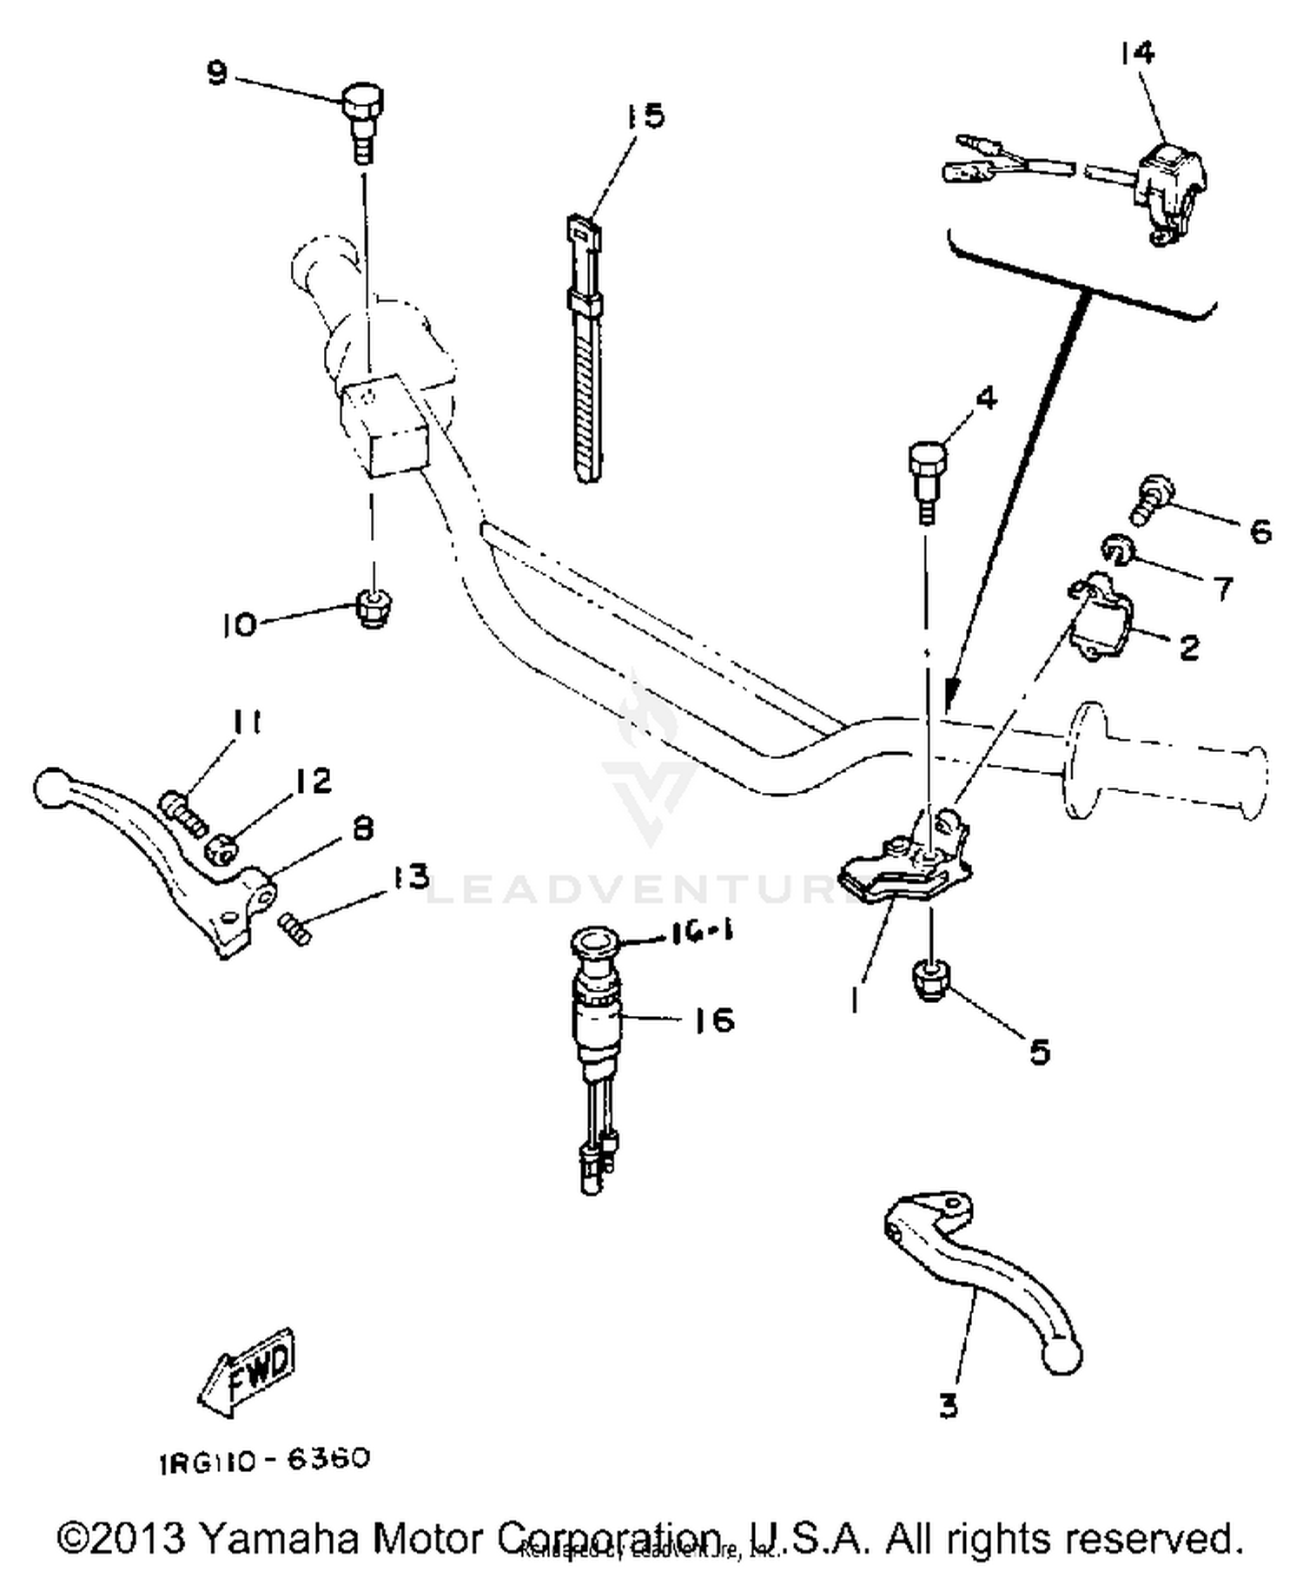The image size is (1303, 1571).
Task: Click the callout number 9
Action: (x=216, y=72)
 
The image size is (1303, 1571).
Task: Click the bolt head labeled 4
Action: (x=926, y=459)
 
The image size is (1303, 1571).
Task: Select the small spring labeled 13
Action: (x=295, y=928)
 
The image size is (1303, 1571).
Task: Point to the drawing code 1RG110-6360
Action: (x=264, y=1460)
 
